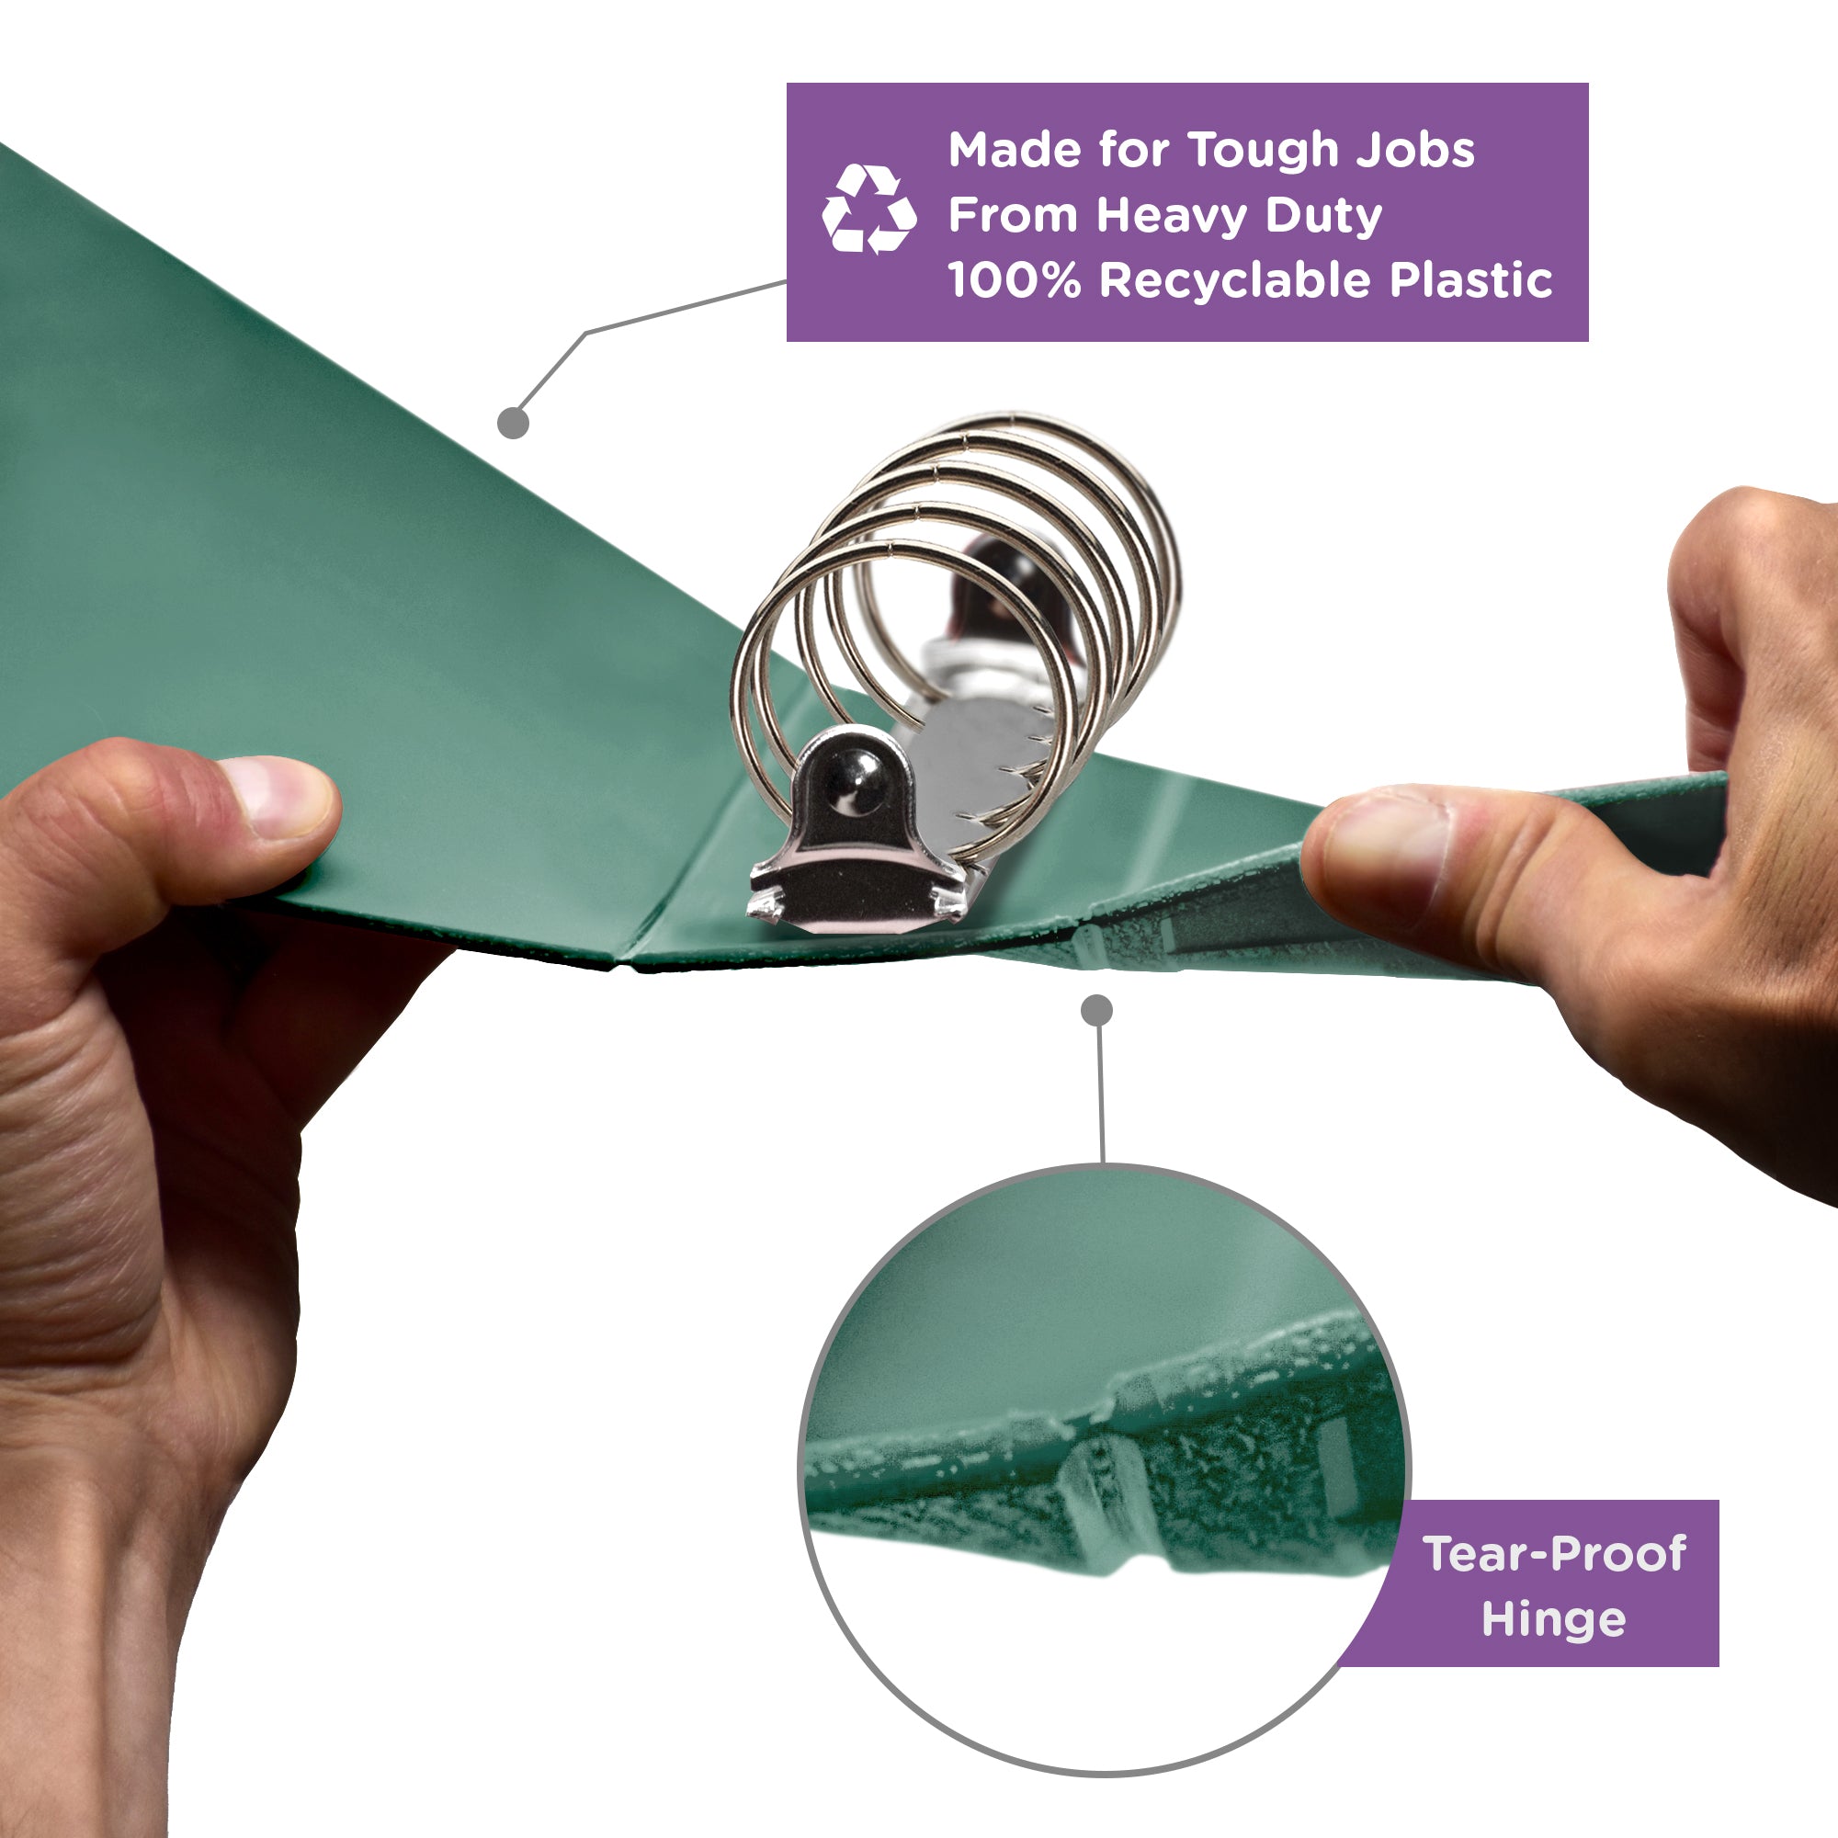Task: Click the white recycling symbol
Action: (868, 210)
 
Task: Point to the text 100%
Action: (1015, 280)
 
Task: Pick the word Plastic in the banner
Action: (1470, 280)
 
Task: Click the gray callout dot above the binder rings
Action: (514, 423)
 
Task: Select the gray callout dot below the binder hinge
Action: (1097, 1010)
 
